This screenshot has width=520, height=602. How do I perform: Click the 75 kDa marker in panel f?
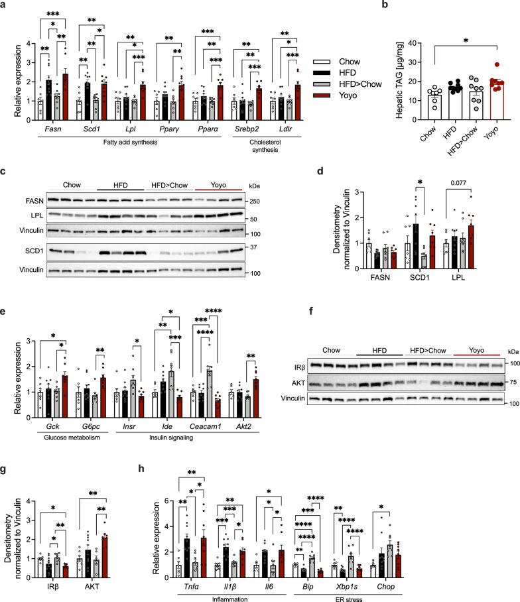509,383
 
